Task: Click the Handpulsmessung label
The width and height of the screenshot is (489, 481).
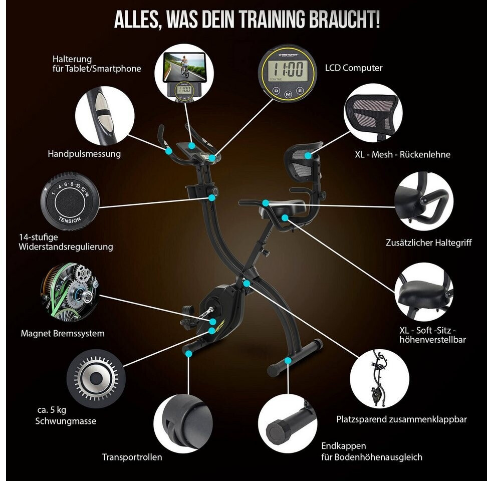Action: (x=84, y=154)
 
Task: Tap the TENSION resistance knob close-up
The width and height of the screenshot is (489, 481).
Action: (x=70, y=201)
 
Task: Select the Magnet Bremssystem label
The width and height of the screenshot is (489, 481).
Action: (x=63, y=333)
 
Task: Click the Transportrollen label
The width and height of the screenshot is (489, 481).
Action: (x=132, y=457)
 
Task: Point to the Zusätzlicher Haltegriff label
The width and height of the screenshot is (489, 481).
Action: (x=428, y=243)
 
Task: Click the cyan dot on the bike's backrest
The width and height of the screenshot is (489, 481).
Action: (x=308, y=156)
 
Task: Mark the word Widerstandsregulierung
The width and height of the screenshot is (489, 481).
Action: (x=66, y=247)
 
